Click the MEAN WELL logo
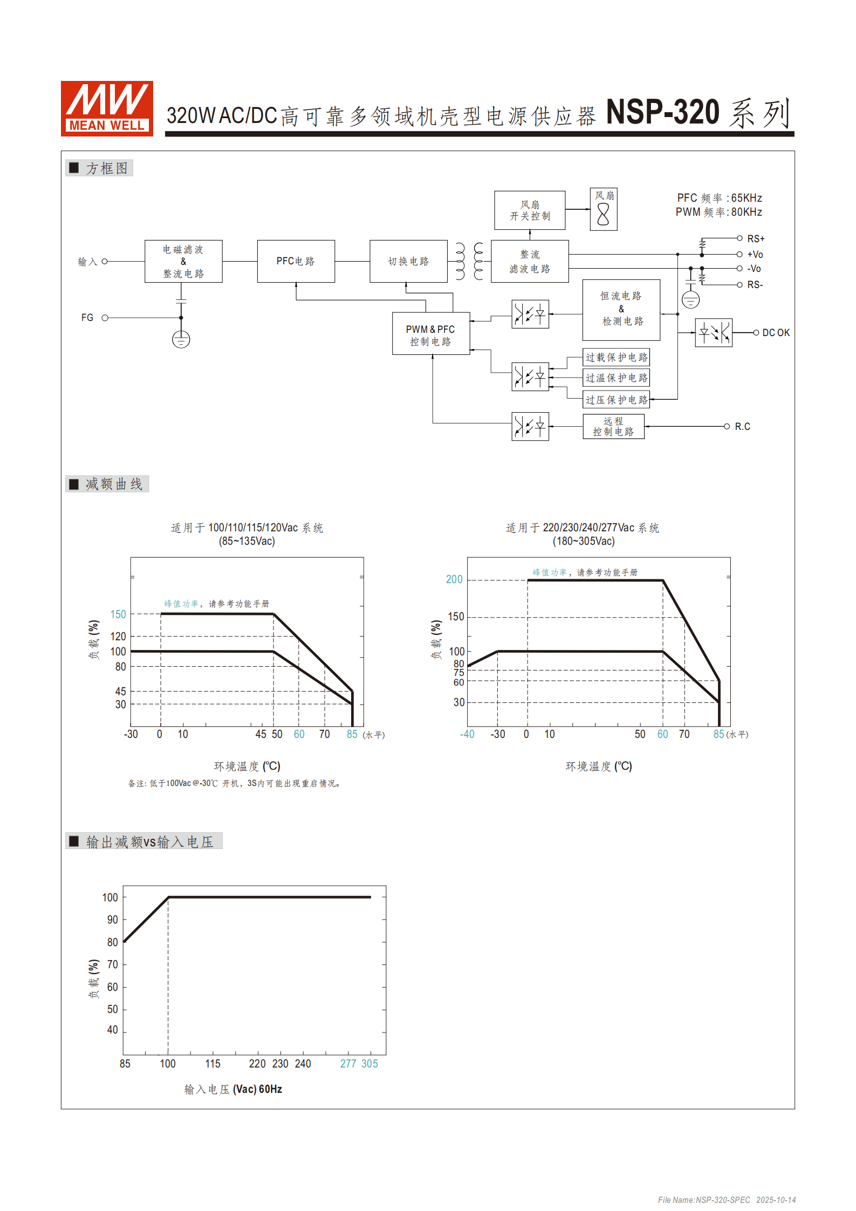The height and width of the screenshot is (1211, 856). [x=107, y=108]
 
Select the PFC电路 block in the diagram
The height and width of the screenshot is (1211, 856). [x=296, y=261]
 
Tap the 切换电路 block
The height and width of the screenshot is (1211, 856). [x=408, y=261]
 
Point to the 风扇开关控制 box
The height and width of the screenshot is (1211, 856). [x=530, y=210]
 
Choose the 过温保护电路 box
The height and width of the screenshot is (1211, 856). [x=616, y=378]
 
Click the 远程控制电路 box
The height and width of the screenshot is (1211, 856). [x=613, y=426]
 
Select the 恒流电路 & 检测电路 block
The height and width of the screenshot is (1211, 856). [x=621, y=309]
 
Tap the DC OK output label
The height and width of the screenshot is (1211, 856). [x=776, y=333]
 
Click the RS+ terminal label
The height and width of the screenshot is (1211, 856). [x=756, y=238]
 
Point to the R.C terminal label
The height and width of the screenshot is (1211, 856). [x=742, y=427]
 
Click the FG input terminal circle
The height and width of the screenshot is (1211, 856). [x=105, y=318]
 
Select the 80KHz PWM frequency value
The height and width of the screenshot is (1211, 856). [x=747, y=212]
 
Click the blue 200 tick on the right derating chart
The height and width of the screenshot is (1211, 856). [x=454, y=579]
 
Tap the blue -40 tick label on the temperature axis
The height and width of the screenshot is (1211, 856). [x=467, y=734]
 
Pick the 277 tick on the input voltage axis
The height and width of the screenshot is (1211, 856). [x=348, y=1064]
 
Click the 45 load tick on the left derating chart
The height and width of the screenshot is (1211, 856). [x=120, y=691]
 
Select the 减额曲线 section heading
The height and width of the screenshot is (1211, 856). [x=113, y=484]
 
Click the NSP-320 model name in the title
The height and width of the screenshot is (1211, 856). [x=663, y=112]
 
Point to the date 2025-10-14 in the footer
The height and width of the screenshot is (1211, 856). [x=776, y=1200]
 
